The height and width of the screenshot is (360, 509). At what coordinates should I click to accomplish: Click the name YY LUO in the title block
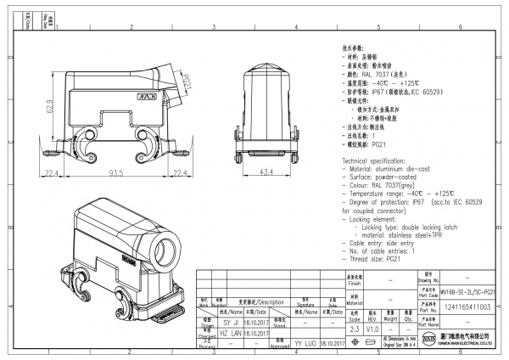(305, 343)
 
